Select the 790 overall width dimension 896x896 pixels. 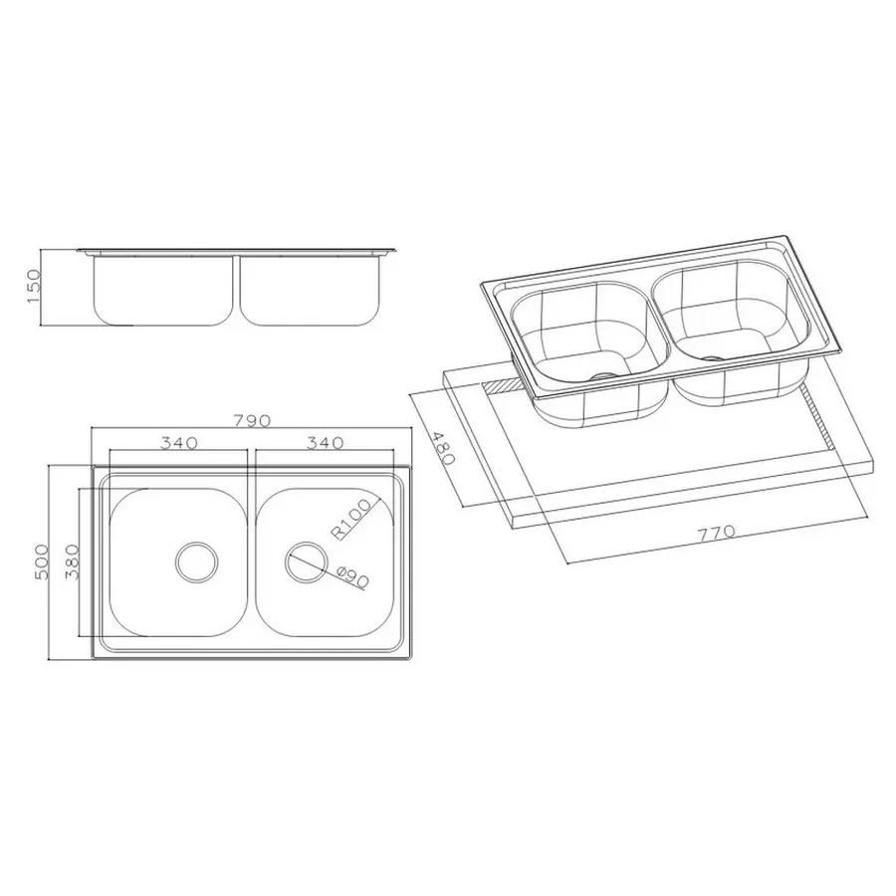click(x=251, y=420)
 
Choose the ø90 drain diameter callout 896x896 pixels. click(x=354, y=576)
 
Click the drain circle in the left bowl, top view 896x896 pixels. click(x=195, y=562)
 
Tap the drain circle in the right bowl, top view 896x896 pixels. click(x=305, y=562)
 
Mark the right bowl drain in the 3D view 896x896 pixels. click(x=713, y=356)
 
